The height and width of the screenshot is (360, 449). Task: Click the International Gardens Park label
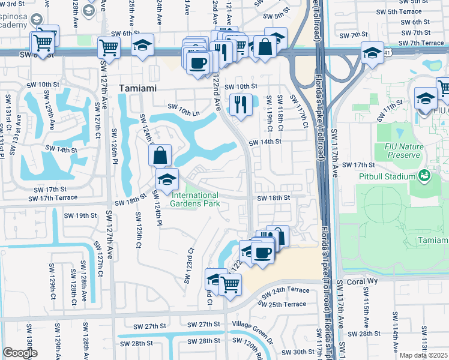[196, 199]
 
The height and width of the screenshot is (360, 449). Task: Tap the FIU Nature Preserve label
[399, 151]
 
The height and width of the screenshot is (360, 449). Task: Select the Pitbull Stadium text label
[388, 176]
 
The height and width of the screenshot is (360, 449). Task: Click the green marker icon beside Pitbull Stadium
[424, 176]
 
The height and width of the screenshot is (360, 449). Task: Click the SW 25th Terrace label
[287, 304]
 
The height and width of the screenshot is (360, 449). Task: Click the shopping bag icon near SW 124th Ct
[160, 156]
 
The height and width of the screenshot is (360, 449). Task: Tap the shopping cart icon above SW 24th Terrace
[230, 284]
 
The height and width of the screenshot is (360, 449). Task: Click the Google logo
[20, 353]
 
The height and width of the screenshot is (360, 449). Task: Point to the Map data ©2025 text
[424, 355]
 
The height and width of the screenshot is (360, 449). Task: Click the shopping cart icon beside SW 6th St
[109, 47]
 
